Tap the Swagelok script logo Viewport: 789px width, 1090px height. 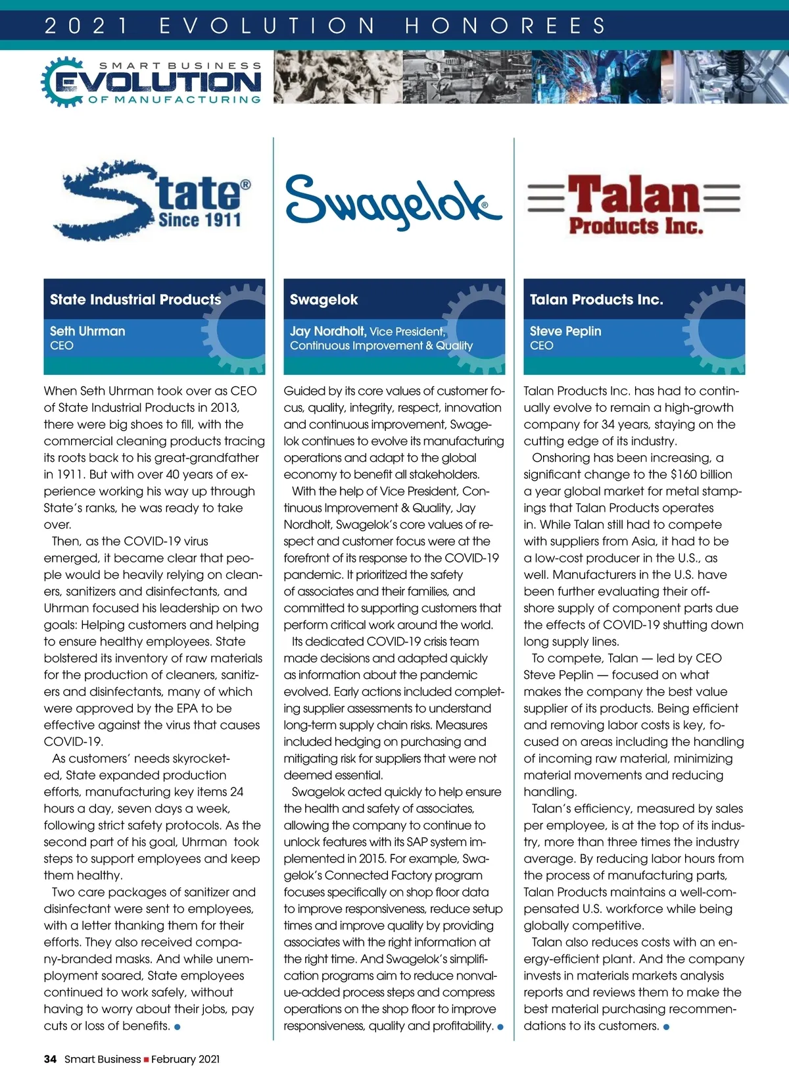(x=393, y=201)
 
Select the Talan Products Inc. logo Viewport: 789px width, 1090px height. (x=634, y=204)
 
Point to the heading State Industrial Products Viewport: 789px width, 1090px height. (x=135, y=299)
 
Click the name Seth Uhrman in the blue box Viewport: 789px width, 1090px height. (x=87, y=331)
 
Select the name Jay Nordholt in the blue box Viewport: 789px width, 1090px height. (x=327, y=331)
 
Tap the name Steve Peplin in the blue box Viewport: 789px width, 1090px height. (x=565, y=331)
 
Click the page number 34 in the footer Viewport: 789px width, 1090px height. (x=50, y=1059)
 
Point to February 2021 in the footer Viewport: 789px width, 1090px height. (x=185, y=1059)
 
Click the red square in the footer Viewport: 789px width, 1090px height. (x=146, y=1060)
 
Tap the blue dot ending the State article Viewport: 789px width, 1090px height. (x=178, y=1027)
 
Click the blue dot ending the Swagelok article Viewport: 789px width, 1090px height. (x=500, y=1027)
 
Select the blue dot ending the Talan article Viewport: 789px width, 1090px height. (x=666, y=1027)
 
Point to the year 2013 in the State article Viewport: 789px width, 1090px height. (x=224, y=408)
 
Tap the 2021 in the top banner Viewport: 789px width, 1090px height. (x=86, y=26)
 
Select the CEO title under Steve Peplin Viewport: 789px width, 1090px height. (x=541, y=346)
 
